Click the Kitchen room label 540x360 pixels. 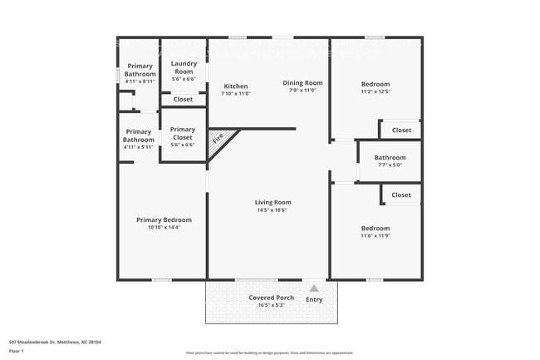point(236,86)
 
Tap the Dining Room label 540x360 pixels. point(302,83)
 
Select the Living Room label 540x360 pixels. point(272,202)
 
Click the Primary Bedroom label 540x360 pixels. point(164,220)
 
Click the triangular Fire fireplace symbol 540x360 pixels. point(219,139)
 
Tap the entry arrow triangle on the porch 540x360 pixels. point(314,288)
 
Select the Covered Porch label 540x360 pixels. point(272,298)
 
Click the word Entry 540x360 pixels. point(314,299)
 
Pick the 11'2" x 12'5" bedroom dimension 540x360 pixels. point(376,91)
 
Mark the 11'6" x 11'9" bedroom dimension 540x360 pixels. point(376,236)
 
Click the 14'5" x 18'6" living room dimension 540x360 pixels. point(272,210)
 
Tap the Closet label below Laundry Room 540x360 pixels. point(183,100)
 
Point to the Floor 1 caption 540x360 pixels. point(17,352)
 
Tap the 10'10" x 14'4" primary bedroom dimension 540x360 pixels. point(164,228)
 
